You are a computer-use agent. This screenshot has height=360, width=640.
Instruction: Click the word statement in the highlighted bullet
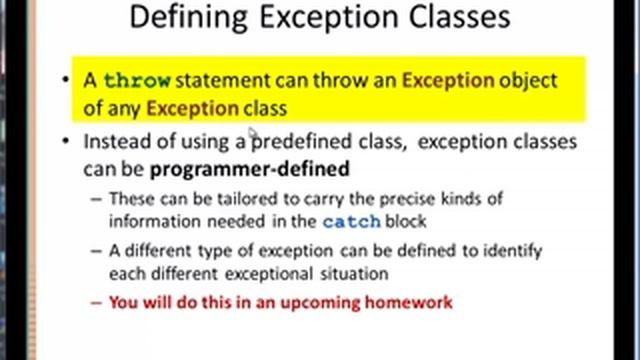coord(215,81)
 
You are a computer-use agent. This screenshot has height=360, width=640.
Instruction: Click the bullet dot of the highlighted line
coord(66,81)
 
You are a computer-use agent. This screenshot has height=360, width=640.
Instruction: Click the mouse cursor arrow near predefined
coord(254,134)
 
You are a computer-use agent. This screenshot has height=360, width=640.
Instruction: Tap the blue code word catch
coord(349,221)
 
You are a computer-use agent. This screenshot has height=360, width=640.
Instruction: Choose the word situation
coord(353,273)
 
